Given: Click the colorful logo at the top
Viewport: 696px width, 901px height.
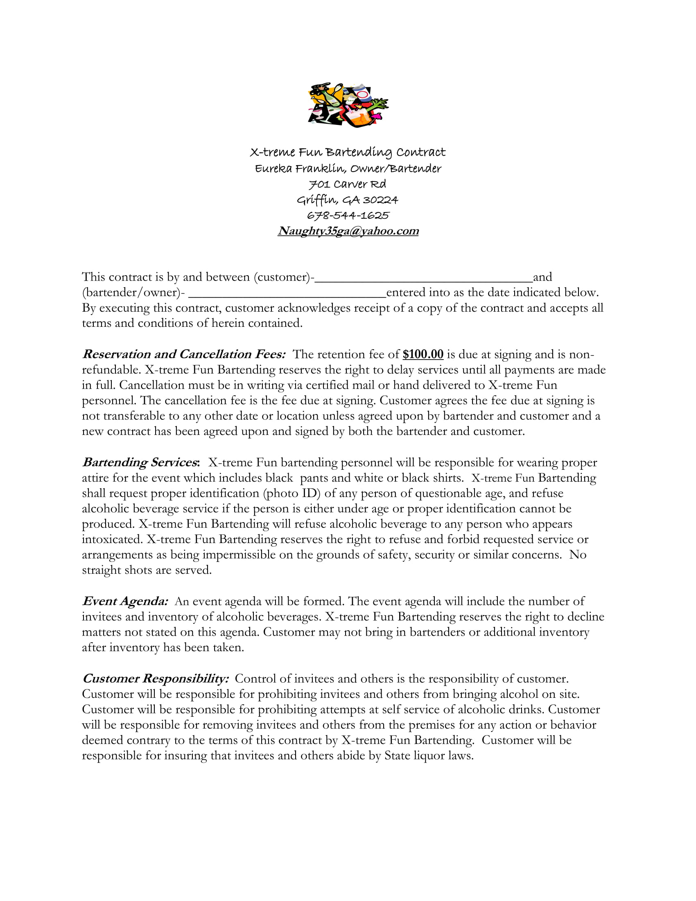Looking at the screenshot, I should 348,105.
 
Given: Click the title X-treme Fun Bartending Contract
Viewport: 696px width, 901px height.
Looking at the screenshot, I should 348,152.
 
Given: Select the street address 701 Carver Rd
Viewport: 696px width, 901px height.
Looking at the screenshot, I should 348,184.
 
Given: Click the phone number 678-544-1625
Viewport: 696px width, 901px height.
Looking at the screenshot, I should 348,215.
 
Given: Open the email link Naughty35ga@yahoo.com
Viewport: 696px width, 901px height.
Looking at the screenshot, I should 348,231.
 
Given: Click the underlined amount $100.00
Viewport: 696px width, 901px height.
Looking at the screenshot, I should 423,354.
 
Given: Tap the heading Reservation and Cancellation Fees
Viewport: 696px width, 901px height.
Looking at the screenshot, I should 183,354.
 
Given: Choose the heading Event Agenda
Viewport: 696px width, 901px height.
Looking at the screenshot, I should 124,601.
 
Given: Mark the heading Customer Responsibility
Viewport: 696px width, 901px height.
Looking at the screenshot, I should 155,678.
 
